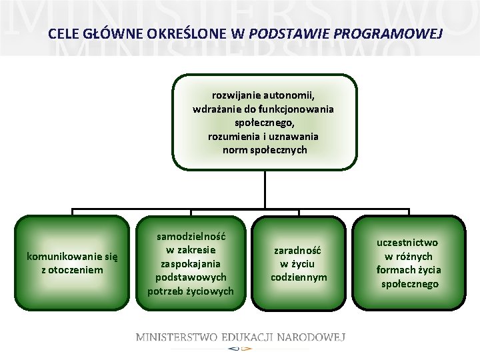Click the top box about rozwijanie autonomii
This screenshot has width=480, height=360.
(265, 123)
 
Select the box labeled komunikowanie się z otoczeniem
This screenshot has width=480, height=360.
(72, 263)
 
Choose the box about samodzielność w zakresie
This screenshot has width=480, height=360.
(191, 263)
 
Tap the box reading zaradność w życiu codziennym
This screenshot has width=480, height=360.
(299, 263)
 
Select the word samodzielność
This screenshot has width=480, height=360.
(191, 236)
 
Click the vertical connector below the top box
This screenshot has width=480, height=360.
(265, 190)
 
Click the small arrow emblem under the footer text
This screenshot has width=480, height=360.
(240, 348)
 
